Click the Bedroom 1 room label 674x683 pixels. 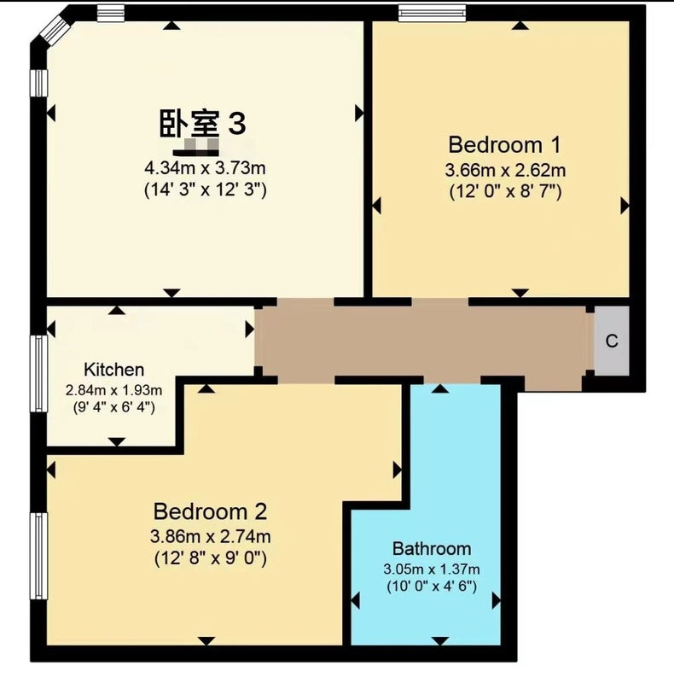[504, 145]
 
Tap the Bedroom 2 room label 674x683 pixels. [210, 511]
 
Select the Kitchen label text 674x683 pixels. [113, 370]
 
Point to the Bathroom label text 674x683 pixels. [432, 549]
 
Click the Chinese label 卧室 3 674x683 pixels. [202, 123]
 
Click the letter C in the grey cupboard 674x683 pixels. [612, 341]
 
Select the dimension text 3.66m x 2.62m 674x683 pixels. [505, 170]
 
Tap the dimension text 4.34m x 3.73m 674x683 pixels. [205, 167]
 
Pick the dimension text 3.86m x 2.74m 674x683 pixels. [210, 536]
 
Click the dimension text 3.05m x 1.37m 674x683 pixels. [432, 569]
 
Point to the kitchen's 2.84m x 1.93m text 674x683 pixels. [113, 390]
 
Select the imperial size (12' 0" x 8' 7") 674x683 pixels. [505, 191]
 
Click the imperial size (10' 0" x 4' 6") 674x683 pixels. [432, 587]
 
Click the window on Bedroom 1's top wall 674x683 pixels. [432, 13]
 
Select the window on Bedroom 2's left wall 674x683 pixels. [38, 556]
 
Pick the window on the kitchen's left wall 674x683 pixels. [38, 373]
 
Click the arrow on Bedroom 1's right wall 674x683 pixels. [625, 206]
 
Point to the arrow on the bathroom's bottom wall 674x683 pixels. [440, 640]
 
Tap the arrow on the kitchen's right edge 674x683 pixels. [249, 330]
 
